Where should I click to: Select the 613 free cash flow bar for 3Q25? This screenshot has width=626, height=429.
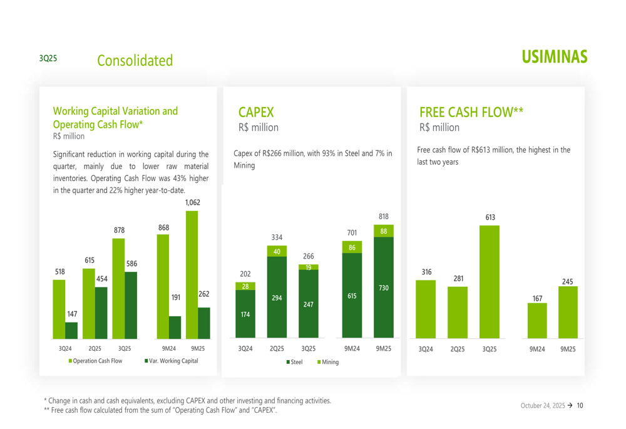coord(490,282)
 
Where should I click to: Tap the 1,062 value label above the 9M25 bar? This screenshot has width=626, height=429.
coord(192,202)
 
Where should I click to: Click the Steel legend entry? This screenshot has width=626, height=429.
coord(296,362)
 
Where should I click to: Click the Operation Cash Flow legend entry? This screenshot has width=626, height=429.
coord(95,361)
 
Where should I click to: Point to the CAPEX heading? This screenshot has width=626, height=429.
coord(256,113)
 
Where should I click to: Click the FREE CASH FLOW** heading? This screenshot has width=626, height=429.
coord(471,113)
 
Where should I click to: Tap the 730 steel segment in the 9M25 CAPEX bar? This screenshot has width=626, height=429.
coord(383,287)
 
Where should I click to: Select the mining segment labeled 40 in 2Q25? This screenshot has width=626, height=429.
coord(277,251)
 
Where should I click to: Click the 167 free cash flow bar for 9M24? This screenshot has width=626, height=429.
coord(537,320)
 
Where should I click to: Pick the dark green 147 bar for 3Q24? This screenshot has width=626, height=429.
coord(71,330)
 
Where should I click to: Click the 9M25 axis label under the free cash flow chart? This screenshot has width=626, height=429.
coord(568,349)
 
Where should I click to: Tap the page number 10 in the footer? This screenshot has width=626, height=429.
coord(580,406)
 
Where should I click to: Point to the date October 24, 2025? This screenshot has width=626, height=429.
coord(542,406)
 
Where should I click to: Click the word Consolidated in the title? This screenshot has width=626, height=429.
coord(135,61)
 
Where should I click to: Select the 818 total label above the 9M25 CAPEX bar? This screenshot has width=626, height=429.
coord(383,216)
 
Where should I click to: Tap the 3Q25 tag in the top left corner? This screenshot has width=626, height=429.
coord(48,58)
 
